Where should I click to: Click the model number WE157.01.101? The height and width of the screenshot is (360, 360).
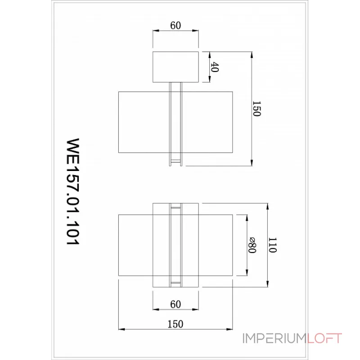[x=73, y=192]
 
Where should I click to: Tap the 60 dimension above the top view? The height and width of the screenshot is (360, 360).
[x=175, y=26]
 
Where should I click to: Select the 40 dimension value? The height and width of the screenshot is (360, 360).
[x=215, y=67]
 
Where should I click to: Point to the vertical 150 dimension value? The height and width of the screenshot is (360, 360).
[x=256, y=109]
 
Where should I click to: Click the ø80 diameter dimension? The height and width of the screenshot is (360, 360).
[x=252, y=245]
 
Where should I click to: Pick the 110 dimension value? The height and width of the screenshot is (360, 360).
[x=272, y=245]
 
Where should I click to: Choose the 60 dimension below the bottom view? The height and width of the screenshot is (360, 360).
[x=175, y=305]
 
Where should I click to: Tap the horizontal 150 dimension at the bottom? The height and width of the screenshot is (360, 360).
[x=175, y=324]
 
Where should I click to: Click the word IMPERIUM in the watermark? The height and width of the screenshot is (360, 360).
[x=274, y=338]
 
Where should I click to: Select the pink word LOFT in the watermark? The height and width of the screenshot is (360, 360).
[x=324, y=338]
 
